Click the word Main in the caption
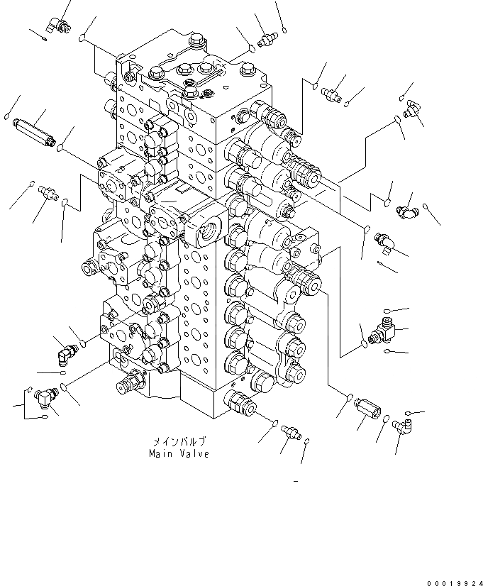click(161, 454)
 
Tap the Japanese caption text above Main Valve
click(178, 441)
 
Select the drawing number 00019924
click(453, 582)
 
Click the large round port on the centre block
click(211, 230)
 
